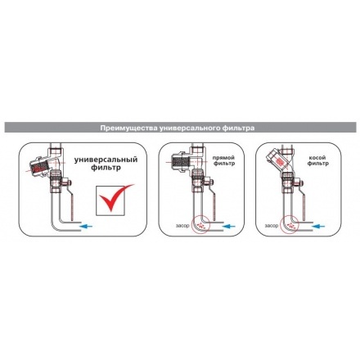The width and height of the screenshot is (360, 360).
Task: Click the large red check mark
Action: [x=116, y=197]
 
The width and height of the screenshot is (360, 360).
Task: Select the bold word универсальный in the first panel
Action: [x=106, y=160]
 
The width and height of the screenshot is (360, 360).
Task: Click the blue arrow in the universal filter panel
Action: [x=86, y=226]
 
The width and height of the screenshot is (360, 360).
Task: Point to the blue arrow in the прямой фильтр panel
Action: [x=228, y=226]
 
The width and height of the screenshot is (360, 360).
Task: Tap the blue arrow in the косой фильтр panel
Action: [x=319, y=226]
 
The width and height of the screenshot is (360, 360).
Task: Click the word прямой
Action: [x=223, y=158]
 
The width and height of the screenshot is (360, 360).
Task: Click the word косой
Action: [x=317, y=158]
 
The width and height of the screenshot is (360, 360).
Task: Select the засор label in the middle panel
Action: [x=182, y=226]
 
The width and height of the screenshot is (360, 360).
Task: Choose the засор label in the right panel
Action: [x=272, y=226]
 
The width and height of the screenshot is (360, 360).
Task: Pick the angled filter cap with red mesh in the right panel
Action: [x=276, y=159]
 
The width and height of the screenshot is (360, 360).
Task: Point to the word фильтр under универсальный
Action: [x=106, y=168]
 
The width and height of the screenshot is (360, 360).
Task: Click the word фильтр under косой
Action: [x=317, y=164]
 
